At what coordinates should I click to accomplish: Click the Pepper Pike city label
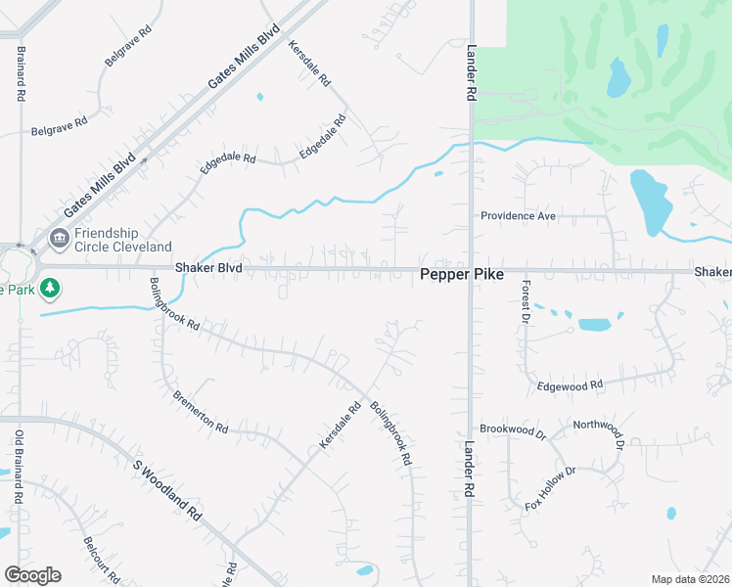(462, 275)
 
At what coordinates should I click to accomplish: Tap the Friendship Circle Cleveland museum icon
(59, 237)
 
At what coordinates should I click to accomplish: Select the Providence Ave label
(518, 216)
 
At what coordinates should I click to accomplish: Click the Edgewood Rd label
(569, 386)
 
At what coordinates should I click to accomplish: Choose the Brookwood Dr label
(512, 429)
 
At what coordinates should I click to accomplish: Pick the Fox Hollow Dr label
(551, 489)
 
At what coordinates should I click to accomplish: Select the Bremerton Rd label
(200, 413)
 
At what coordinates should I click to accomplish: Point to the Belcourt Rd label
(101, 559)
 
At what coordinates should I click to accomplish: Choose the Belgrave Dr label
(128, 46)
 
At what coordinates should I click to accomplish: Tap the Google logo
(32, 575)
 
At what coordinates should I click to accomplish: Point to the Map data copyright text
(690, 579)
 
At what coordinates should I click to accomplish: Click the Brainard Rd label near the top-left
(19, 72)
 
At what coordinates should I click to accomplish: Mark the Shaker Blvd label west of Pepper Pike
(207, 267)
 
